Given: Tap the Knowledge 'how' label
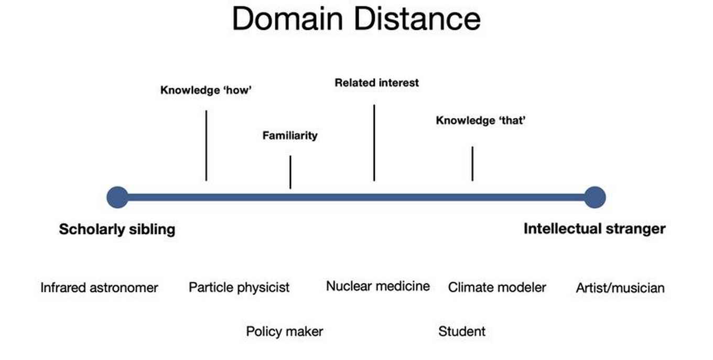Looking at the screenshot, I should [206, 90].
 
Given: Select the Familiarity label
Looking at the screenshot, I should [290, 136].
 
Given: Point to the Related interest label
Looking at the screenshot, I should [377, 82].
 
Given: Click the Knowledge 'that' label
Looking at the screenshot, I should [481, 121].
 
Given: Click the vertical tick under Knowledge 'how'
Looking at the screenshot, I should [206, 145].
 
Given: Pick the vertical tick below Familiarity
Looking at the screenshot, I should [290, 171].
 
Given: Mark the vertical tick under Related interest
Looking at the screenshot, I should [374, 143].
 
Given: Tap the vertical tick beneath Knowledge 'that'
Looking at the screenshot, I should [472, 163].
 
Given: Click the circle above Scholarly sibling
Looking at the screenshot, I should [117, 197].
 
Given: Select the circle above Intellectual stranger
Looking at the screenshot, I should [595, 197].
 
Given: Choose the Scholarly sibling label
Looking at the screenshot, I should [117, 230].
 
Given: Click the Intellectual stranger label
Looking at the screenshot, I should [595, 229].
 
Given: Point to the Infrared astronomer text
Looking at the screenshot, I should [99, 288].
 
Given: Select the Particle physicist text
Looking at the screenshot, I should [239, 288].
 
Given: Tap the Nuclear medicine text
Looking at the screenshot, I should [377, 286].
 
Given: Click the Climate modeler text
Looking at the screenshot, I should [497, 288].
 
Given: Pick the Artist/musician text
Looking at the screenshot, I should [620, 288].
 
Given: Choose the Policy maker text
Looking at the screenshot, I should [285, 331].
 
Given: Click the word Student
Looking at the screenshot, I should [462, 331].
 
